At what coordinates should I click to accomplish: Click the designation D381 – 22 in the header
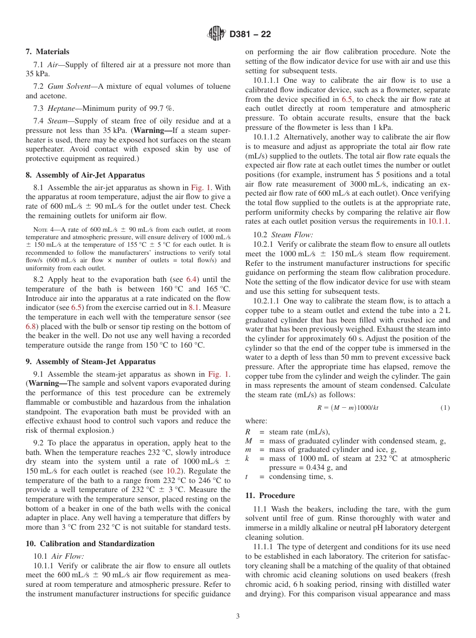click(250, 34)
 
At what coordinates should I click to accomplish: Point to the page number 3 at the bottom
click(238, 616)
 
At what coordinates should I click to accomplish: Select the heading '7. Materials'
click(48, 52)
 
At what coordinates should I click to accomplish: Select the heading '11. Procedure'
click(270, 496)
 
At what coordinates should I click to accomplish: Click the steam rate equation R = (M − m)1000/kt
click(348, 408)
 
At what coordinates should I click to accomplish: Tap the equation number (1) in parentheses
click(445, 408)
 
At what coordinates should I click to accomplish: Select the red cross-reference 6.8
click(31, 326)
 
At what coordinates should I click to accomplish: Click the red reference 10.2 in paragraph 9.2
click(173, 471)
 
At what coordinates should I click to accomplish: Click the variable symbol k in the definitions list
click(247, 458)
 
